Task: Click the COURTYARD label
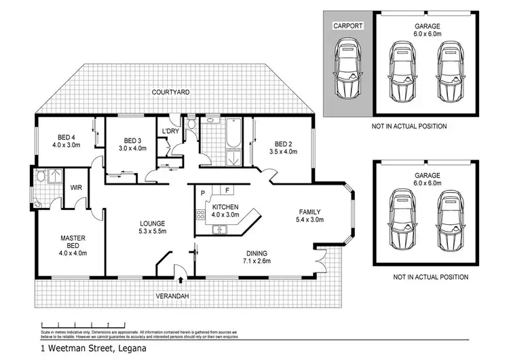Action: [170, 91]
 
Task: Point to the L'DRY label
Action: [170, 131]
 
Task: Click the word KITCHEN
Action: [225, 206]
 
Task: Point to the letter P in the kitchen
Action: [203, 192]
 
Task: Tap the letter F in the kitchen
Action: [227, 190]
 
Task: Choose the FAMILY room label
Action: [309, 211]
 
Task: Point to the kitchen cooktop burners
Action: [201, 215]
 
